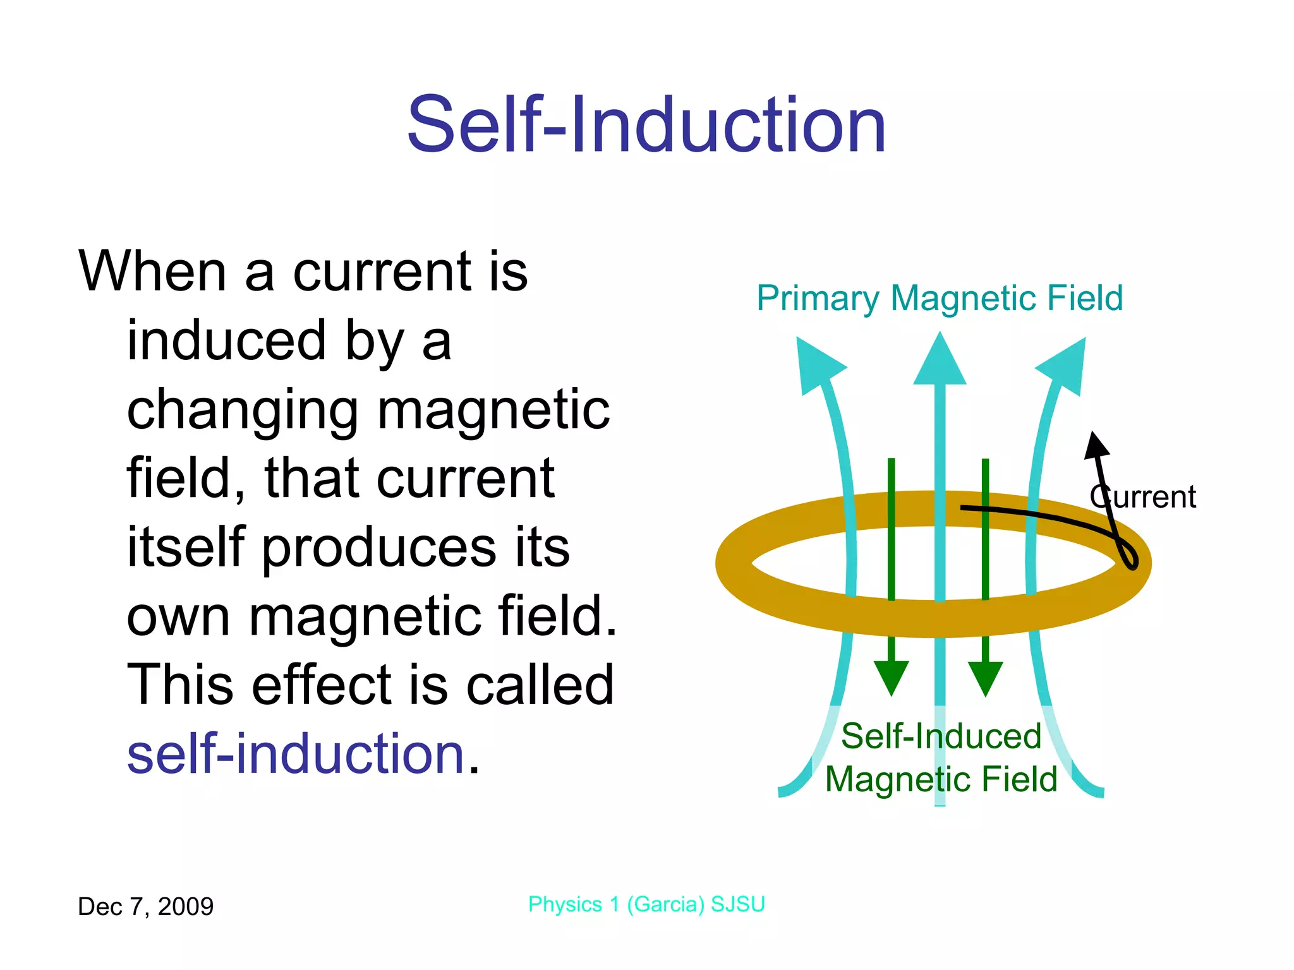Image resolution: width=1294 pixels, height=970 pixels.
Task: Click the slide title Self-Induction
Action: (646, 124)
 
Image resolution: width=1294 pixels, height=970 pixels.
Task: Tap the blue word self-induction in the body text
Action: (296, 754)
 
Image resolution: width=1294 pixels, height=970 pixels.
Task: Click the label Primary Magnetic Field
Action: (940, 298)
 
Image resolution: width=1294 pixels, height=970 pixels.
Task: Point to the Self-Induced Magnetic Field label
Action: (941, 758)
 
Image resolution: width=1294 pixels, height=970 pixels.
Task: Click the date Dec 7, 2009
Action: (145, 907)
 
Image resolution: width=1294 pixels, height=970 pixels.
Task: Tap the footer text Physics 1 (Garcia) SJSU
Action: (646, 904)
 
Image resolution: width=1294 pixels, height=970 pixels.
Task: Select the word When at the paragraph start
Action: (152, 272)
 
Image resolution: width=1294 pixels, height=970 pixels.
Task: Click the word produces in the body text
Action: (379, 548)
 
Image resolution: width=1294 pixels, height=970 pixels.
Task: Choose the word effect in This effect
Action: (322, 685)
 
